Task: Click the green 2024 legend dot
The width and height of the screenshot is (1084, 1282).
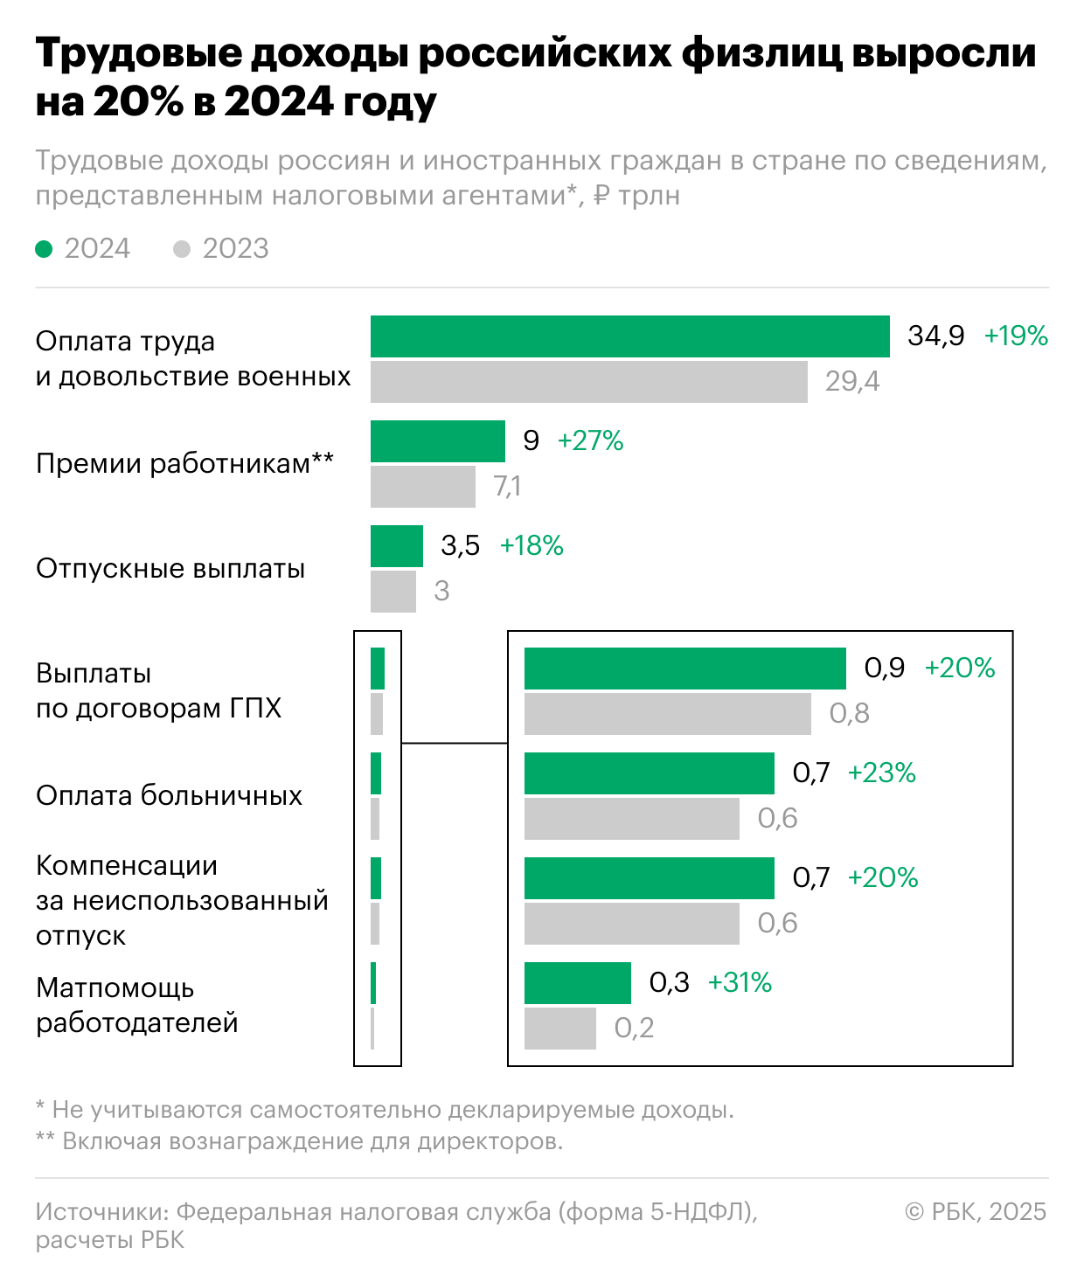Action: [x=44, y=249]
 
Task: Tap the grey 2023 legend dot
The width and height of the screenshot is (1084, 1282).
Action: [x=182, y=249]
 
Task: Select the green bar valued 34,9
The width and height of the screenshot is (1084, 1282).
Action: [x=629, y=336]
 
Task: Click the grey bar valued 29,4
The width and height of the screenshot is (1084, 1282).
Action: [x=588, y=382]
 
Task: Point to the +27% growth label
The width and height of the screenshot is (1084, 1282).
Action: [x=590, y=440]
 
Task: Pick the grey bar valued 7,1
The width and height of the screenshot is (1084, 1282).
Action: [x=422, y=487]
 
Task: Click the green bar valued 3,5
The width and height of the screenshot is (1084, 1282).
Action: [x=396, y=546]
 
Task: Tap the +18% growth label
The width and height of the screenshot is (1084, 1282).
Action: [x=531, y=545]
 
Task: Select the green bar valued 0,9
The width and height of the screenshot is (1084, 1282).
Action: [x=684, y=669]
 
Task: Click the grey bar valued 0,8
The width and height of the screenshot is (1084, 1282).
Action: [x=667, y=714]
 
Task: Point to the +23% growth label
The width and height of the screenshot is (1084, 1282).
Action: [x=881, y=773]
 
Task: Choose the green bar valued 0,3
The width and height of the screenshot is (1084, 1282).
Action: [x=577, y=983]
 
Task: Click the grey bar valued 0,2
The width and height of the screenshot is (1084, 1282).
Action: [x=559, y=1029]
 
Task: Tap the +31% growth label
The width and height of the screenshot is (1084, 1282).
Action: [x=740, y=982]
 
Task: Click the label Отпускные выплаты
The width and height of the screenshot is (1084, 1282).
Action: [x=170, y=568]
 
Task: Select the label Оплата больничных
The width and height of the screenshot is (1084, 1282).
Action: [x=169, y=795]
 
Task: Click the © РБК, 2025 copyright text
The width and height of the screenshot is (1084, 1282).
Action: [x=975, y=1211]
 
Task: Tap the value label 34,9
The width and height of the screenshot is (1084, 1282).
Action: [x=935, y=336]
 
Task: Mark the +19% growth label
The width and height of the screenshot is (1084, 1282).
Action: [x=1016, y=336]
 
